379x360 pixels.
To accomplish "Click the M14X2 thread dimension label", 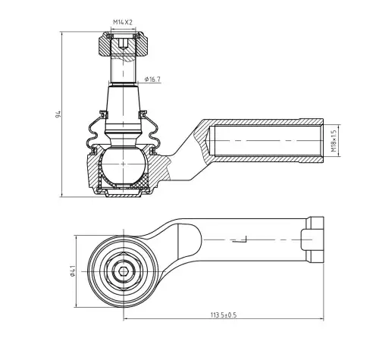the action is point(123,22).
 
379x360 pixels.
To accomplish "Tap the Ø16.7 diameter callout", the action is point(152,80).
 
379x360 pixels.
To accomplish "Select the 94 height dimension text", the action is point(58,114).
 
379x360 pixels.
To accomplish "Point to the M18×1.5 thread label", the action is point(334,140).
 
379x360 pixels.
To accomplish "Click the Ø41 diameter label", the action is point(72,271).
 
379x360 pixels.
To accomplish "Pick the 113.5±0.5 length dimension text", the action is point(224,315).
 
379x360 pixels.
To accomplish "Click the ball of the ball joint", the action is point(123,164).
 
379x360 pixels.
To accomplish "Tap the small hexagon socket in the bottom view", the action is point(124,271).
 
